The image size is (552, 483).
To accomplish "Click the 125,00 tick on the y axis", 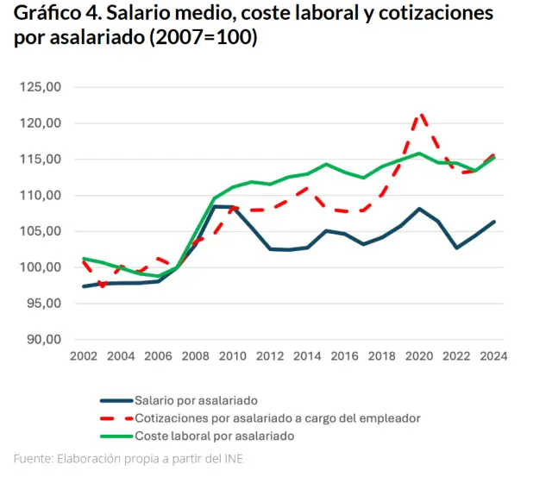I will [41, 87].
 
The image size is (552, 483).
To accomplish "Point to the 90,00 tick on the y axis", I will [41, 339].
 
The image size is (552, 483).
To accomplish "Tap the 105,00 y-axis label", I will [41, 231].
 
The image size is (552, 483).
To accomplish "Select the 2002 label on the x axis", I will [83, 356].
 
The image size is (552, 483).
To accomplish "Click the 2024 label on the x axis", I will [493, 356].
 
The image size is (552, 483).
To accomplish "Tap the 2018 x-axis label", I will [381, 356].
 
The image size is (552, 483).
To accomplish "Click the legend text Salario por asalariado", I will [196, 400].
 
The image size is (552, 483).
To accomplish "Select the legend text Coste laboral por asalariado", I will [215, 436].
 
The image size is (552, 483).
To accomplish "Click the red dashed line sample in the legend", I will [116, 418].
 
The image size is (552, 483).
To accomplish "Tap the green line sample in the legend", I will [116, 436].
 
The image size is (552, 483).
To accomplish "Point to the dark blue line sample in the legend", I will [116, 400].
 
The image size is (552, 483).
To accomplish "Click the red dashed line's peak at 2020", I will [419, 114].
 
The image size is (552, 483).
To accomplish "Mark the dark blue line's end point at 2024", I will [494, 222].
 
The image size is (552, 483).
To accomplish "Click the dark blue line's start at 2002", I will [83, 286].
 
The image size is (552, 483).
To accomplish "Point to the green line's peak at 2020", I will [419, 154].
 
